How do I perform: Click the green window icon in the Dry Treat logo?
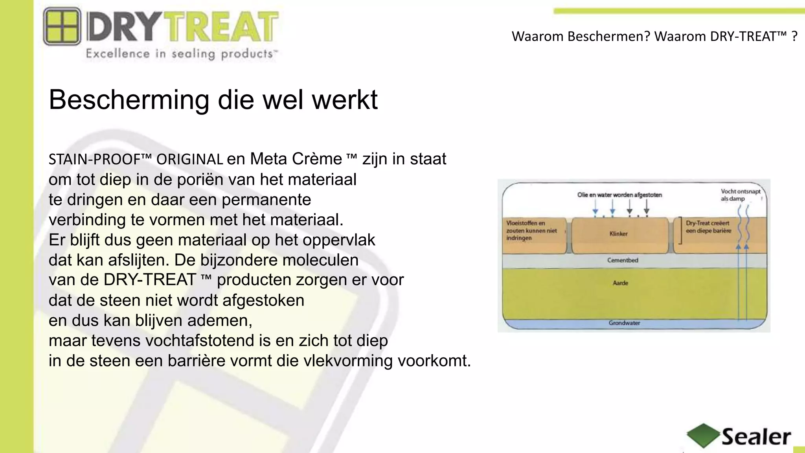(x=62, y=26)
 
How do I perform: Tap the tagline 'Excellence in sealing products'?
(x=181, y=53)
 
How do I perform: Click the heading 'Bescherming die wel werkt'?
(x=213, y=99)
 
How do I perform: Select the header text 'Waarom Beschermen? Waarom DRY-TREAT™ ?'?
(x=654, y=36)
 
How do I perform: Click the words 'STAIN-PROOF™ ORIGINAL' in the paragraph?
(x=136, y=159)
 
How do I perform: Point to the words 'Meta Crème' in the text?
(x=296, y=159)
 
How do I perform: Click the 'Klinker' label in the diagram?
(x=618, y=234)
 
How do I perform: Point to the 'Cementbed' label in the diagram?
(x=623, y=260)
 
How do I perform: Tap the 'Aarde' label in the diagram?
(x=621, y=283)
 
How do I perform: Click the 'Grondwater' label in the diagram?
(x=624, y=323)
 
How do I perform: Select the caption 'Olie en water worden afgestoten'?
(x=619, y=195)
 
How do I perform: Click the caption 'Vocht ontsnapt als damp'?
(x=740, y=195)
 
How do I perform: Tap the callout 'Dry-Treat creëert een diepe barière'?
(x=708, y=227)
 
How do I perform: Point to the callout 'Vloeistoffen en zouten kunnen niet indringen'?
(x=531, y=230)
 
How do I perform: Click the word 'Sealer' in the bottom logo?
(x=756, y=437)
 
